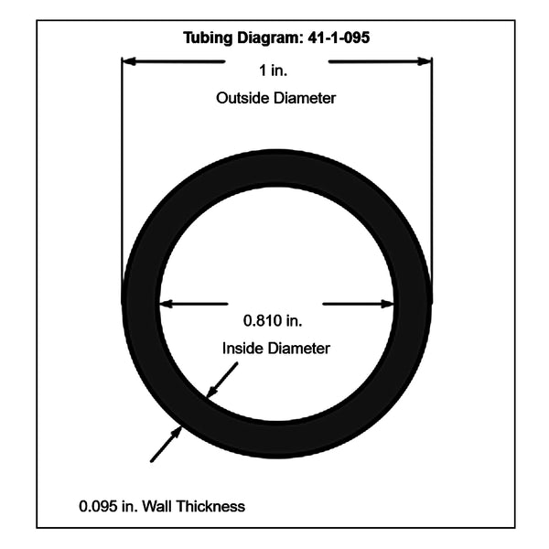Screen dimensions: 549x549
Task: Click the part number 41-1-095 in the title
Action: (339, 38)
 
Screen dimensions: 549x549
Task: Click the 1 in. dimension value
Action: (273, 70)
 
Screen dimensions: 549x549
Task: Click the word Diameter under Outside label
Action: (305, 98)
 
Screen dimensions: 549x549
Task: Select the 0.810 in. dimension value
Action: (273, 321)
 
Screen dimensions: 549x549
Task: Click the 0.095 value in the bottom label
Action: (98, 506)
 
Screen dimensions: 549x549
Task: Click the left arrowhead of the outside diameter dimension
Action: (128, 61)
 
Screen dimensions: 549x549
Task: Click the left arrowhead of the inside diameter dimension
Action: (167, 304)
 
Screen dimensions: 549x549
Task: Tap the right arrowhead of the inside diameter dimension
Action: (388, 304)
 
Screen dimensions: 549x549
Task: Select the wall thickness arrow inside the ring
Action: (222, 381)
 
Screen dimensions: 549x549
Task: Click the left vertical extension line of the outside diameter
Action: (122, 178)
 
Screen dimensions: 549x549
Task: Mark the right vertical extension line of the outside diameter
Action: (432, 178)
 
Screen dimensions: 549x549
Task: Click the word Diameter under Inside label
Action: (298, 349)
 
